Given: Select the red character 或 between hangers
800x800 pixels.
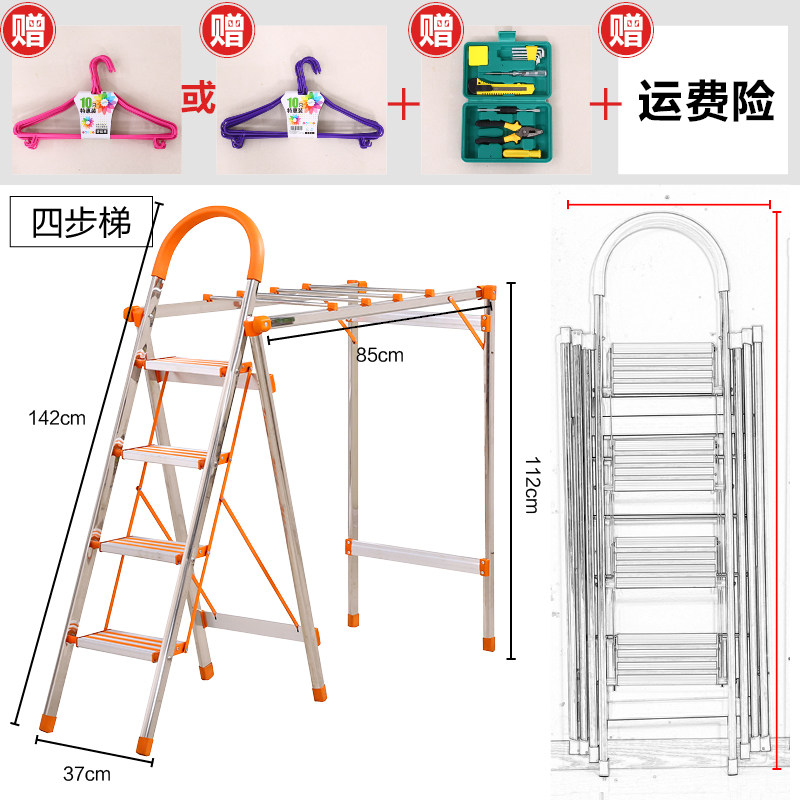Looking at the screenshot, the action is (197, 100).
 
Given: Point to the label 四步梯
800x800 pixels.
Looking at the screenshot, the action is (82, 222).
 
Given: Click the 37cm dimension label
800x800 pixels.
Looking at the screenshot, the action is (87, 773).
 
